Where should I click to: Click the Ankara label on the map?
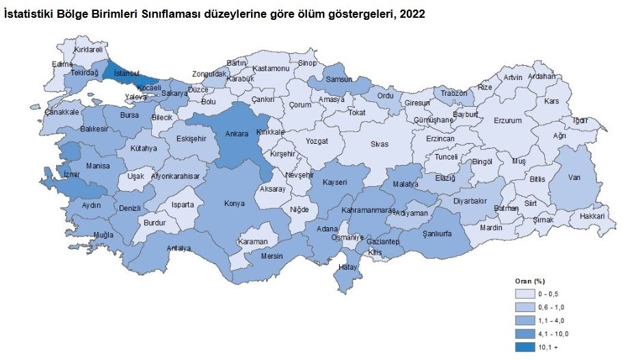[238, 135]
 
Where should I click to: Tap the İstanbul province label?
[127, 73]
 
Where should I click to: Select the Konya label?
[235, 203]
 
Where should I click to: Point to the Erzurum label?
[507, 120]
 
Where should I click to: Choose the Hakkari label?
[592, 216]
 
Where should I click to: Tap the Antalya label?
[179, 248]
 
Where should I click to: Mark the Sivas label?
[380, 144]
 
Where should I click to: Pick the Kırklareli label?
[88, 50]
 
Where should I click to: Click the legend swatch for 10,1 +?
[525, 347]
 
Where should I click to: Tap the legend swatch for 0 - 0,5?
[525, 292]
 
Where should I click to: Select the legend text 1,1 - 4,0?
[553, 320]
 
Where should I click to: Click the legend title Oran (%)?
[529, 281]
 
